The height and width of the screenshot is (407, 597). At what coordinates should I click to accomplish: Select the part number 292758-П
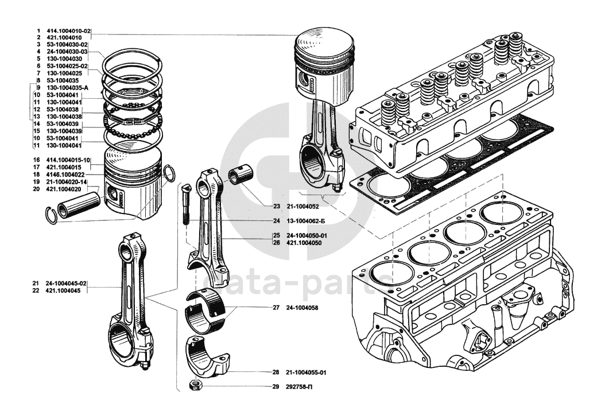coord(300,387)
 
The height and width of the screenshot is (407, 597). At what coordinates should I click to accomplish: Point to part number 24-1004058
coord(302,308)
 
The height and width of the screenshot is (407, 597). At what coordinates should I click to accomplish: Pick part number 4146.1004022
coord(65,175)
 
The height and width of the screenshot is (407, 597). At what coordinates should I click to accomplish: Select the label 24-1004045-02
coord(67,284)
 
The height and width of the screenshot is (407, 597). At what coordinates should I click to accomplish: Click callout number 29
coord(276,387)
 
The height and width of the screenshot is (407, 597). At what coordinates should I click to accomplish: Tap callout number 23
coord(276,206)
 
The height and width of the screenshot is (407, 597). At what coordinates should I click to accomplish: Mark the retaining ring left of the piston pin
coord(51,214)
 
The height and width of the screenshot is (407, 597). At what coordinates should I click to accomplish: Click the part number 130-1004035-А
coord(68,88)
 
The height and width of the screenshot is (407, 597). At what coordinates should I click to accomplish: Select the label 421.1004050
coord(305,242)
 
